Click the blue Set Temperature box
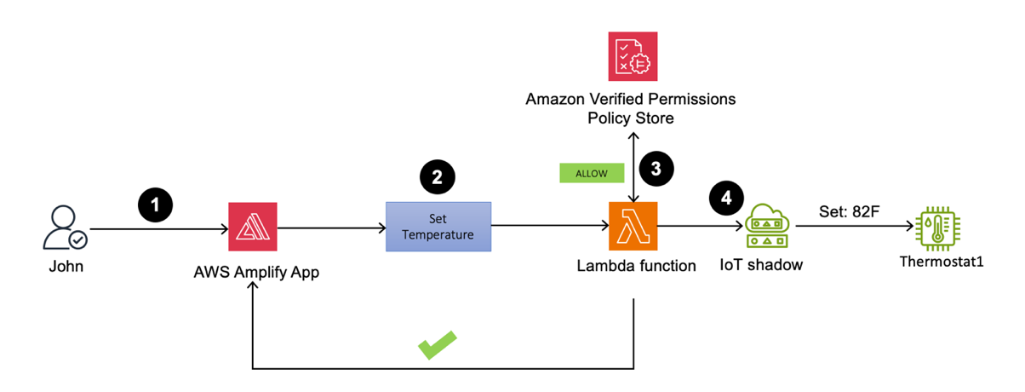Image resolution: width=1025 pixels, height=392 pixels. (438, 227)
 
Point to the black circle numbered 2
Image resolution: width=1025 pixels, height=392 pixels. (438, 176)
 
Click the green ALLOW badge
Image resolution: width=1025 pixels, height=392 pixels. (592, 173)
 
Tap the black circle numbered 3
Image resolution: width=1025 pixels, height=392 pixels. (656, 168)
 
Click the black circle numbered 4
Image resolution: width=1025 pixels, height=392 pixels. (726, 198)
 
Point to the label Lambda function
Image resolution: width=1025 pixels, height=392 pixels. (636, 266)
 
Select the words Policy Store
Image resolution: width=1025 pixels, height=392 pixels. (631, 118)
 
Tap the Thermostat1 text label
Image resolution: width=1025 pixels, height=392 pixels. (942, 262)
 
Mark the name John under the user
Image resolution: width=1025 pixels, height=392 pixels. (66, 267)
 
